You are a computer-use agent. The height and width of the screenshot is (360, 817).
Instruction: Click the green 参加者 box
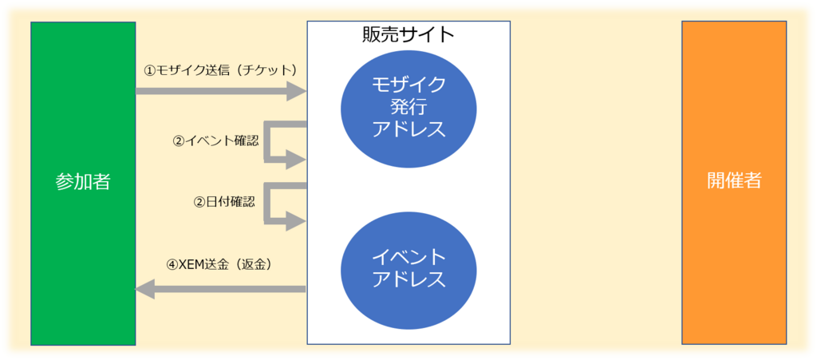[83, 184]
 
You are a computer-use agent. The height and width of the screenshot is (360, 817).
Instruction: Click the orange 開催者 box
[734, 182]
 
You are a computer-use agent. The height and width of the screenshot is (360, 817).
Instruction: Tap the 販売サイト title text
[408, 35]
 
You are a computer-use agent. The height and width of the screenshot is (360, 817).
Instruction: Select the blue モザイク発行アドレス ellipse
[409, 108]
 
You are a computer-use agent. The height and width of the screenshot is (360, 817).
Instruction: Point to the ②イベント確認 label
[215, 141]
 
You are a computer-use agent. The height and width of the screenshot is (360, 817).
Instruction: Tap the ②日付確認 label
[224, 202]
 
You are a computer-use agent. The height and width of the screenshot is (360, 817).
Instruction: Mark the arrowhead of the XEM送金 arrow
[145, 289]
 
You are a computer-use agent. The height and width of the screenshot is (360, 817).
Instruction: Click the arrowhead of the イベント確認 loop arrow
[295, 159]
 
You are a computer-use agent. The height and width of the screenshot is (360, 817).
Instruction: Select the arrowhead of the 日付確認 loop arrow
[295, 221]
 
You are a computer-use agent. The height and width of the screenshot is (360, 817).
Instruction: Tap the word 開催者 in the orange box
[734, 180]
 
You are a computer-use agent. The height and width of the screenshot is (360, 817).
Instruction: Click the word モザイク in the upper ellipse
[409, 85]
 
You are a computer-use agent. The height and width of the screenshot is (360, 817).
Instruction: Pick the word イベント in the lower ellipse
[409, 257]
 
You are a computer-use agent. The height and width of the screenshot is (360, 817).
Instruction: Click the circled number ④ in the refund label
[172, 265]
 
